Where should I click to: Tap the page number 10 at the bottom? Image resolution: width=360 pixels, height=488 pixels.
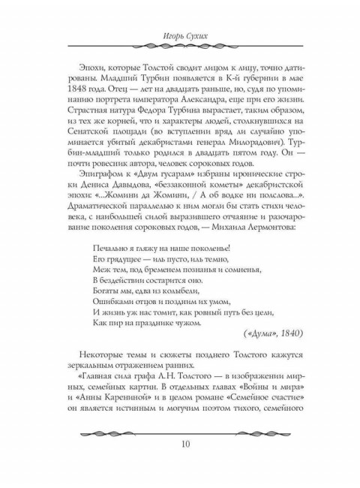[180, 462]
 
